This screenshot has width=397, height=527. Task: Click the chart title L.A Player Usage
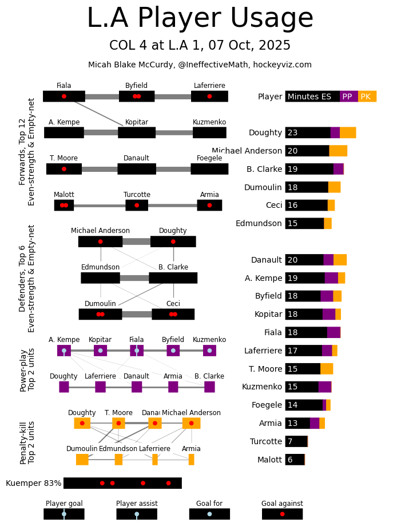click(x=200, y=19)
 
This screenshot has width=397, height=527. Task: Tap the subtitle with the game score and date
click(x=200, y=46)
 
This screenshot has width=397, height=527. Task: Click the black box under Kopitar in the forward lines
click(x=137, y=132)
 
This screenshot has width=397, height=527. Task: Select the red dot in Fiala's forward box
click(x=64, y=96)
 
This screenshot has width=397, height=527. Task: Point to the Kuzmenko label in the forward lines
click(x=209, y=122)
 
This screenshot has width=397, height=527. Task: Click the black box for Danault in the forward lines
click(x=137, y=169)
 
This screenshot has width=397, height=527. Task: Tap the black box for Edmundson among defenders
click(x=101, y=278)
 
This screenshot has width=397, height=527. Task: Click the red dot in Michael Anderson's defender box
click(x=101, y=242)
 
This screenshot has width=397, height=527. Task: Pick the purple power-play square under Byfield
click(x=173, y=351)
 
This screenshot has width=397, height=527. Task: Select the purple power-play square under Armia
click(x=173, y=387)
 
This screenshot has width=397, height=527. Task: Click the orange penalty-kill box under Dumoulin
click(x=82, y=460)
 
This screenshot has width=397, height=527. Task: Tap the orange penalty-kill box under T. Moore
click(x=118, y=423)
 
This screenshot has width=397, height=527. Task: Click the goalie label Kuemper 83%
click(x=33, y=483)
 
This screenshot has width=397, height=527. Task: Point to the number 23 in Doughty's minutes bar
click(x=292, y=132)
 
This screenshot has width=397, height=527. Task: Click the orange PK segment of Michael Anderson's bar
click(x=338, y=151)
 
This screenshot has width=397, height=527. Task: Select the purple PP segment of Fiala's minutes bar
click(x=334, y=332)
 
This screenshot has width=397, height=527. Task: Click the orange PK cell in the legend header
click(x=367, y=96)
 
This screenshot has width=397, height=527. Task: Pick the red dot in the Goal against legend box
click(x=282, y=514)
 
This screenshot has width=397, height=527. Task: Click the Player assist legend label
click(x=137, y=504)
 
